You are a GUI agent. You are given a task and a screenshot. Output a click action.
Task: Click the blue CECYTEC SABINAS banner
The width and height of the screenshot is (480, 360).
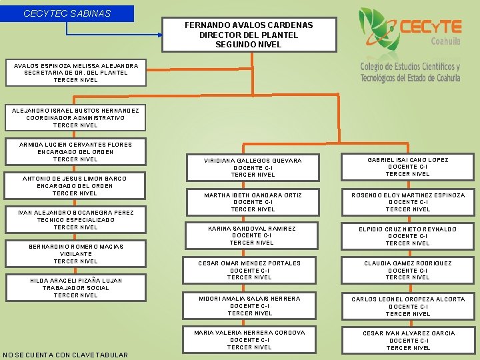coord(67,13)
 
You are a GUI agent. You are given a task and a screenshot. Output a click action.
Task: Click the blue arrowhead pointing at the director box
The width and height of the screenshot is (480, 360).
coord(160,35)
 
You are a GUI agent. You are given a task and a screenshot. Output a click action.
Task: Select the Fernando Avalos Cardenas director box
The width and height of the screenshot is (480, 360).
coord(249,35)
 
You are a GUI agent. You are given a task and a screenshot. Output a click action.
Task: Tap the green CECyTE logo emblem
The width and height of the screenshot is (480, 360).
coord(379,30)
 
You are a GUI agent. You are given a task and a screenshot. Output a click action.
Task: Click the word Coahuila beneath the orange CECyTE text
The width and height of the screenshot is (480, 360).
coord(445,41)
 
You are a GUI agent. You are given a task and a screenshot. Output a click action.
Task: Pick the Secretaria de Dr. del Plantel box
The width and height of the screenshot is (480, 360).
coord(76,73)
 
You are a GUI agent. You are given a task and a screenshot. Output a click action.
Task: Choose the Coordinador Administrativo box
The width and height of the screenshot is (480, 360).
coord(75,118)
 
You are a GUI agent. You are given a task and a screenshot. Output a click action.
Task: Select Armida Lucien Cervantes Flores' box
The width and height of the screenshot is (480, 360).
coord(75,152)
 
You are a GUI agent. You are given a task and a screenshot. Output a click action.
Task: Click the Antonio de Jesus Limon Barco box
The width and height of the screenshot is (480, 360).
coord(75,186)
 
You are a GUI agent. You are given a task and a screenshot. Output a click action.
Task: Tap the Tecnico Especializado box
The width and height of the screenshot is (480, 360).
coord(75,220)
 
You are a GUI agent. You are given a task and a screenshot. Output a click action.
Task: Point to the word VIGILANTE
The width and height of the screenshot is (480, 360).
coord(75,254)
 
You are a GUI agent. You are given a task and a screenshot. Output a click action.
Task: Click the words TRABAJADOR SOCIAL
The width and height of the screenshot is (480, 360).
coord(75,288)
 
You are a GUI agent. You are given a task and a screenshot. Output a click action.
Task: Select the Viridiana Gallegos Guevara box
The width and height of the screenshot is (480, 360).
coord(253,168)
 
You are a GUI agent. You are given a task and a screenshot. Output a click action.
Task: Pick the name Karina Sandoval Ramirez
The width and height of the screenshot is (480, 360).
coord(252,229)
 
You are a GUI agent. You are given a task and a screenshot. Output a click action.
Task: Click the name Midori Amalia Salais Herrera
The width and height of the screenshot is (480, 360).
coord(249,299)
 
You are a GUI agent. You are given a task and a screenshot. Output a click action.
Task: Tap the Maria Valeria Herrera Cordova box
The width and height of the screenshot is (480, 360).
coord(249,340)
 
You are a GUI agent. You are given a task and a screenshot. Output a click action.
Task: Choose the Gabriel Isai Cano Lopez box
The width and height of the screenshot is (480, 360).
coord(408,167)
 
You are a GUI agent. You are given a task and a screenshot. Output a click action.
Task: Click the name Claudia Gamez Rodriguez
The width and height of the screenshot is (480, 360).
coord(408,263)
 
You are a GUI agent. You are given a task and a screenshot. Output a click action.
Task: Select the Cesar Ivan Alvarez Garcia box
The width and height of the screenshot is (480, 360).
coord(409,341)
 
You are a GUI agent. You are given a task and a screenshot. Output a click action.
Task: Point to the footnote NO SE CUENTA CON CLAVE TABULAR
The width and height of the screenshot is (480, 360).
coord(65,355)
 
